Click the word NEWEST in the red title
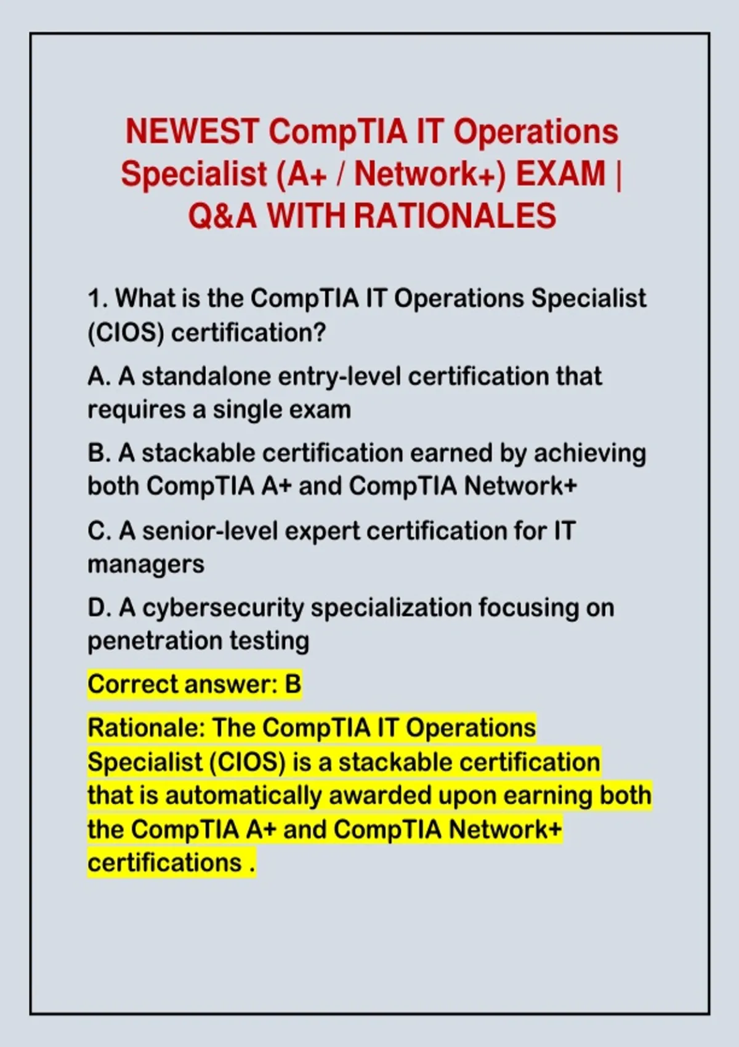click(193, 132)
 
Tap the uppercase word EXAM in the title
click(560, 174)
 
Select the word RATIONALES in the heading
click(455, 216)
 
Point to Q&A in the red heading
click(222, 216)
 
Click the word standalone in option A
click(206, 376)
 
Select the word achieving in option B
click(590, 453)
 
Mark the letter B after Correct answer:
click(293, 684)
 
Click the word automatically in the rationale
click(243, 796)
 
